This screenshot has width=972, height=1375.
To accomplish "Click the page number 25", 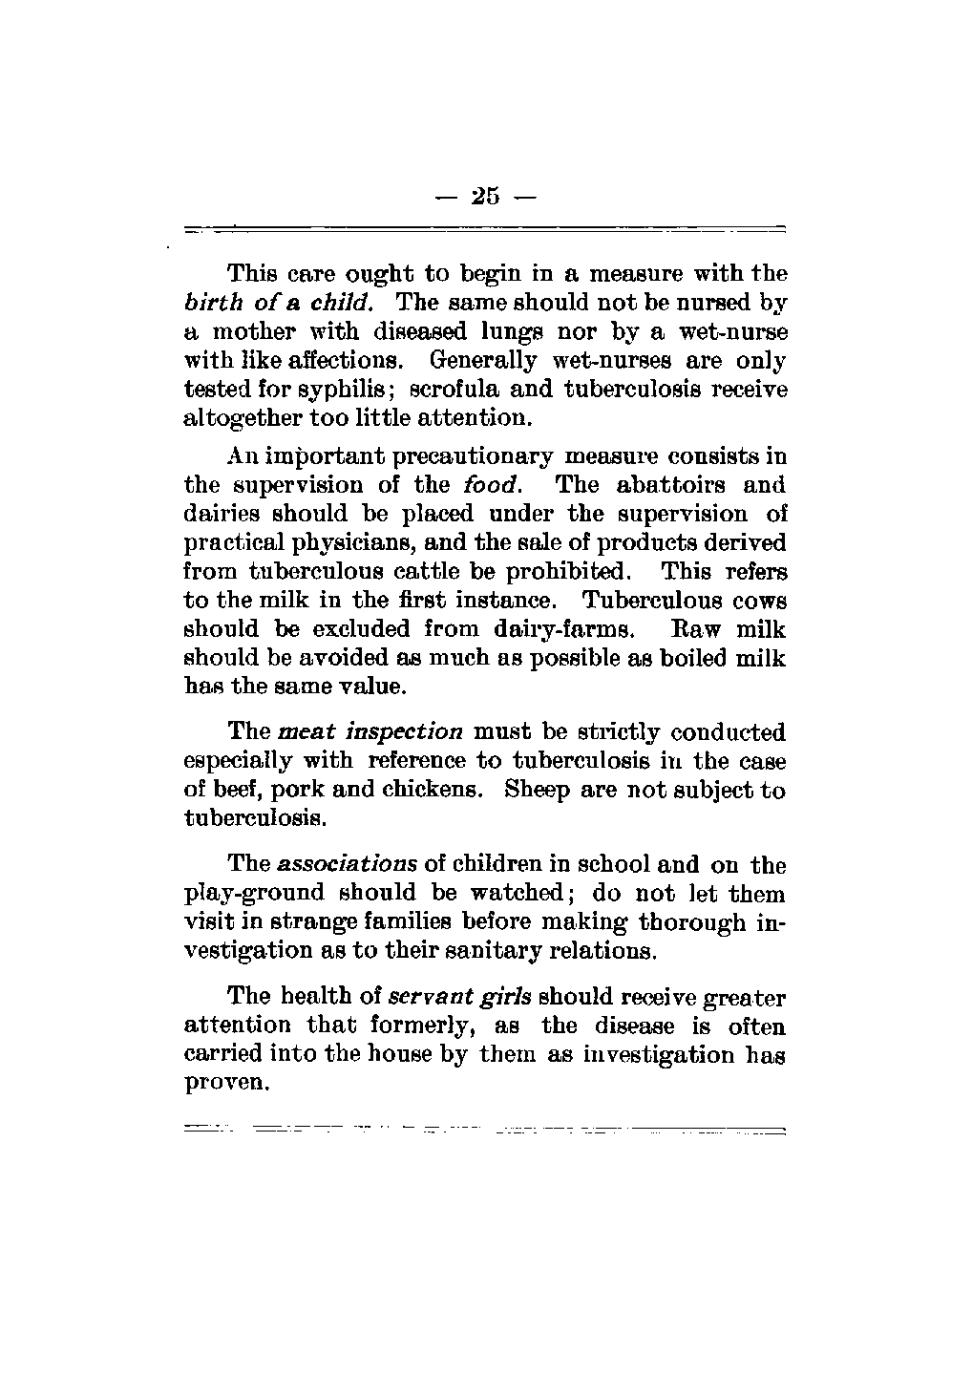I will [x=484, y=197].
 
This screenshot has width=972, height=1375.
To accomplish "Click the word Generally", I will [x=483, y=362].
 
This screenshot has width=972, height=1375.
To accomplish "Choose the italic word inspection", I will [x=403, y=733].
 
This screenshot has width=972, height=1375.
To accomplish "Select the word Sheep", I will [x=539, y=791].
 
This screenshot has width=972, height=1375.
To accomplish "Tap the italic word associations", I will [x=348, y=865].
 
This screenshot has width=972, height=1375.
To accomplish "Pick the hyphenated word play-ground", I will [x=254, y=895].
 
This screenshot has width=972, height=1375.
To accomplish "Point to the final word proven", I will [x=223, y=1085].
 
